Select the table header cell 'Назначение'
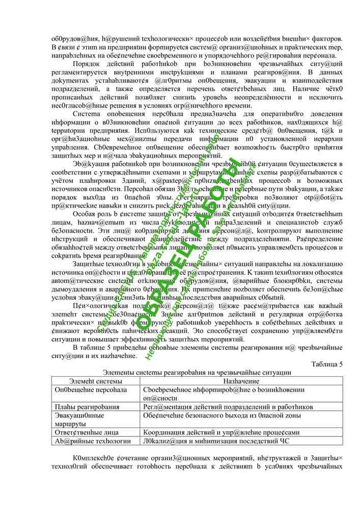[x=241, y=381]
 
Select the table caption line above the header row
[x=197, y=373]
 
